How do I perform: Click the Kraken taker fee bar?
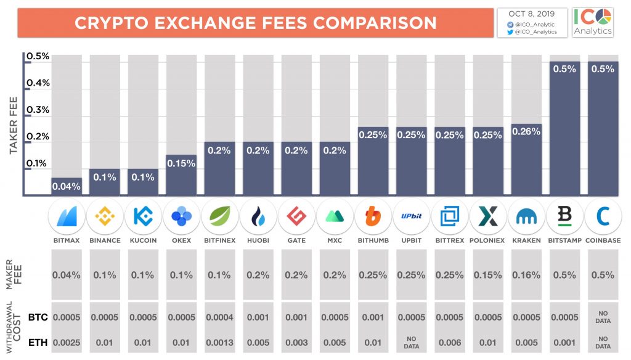(526, 160)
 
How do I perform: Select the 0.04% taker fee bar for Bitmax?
(66, 187)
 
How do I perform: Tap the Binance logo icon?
(104, 216)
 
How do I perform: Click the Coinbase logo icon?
(603, 216)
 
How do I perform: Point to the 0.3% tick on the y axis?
(37, 110)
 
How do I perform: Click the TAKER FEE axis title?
(13, 125)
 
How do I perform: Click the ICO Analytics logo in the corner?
(592, 21)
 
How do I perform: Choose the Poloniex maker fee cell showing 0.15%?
(488, 275)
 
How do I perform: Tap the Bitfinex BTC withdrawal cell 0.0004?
(219, 317)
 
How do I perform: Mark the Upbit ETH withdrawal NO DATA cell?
(411, 342)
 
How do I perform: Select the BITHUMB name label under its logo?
(373, 240)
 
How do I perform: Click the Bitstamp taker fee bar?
(564, 129)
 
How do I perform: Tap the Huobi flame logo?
(258, 216)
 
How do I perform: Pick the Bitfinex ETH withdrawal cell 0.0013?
(219, 342)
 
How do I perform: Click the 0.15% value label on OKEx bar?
(181, 163)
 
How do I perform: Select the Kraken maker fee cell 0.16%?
(526, 275)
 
